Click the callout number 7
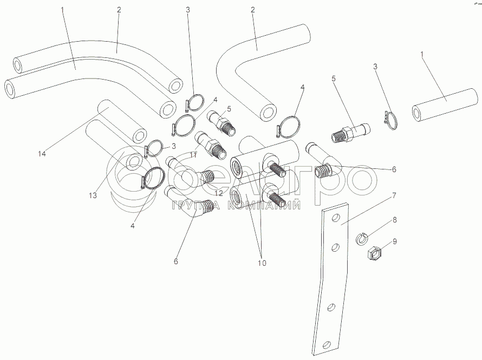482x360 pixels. coord(394,195)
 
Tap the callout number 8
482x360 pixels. coord(394,220)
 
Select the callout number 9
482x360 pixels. coord(394,241)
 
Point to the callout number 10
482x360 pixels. coord(262,263)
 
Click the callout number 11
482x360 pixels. coord(193,155)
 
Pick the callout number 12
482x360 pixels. coord(219,193)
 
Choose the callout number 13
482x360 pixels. coord(93,195)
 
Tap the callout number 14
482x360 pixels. coord(42,154)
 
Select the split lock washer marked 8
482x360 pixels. coord(362,238)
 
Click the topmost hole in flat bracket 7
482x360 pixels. coord(336,218)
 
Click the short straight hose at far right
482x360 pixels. coord(445,105)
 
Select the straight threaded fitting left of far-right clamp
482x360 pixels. coord(351,133)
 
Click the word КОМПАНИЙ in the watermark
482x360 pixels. coord(264,206)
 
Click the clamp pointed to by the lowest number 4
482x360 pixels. coord(153,179)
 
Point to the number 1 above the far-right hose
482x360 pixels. coord(422,54)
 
